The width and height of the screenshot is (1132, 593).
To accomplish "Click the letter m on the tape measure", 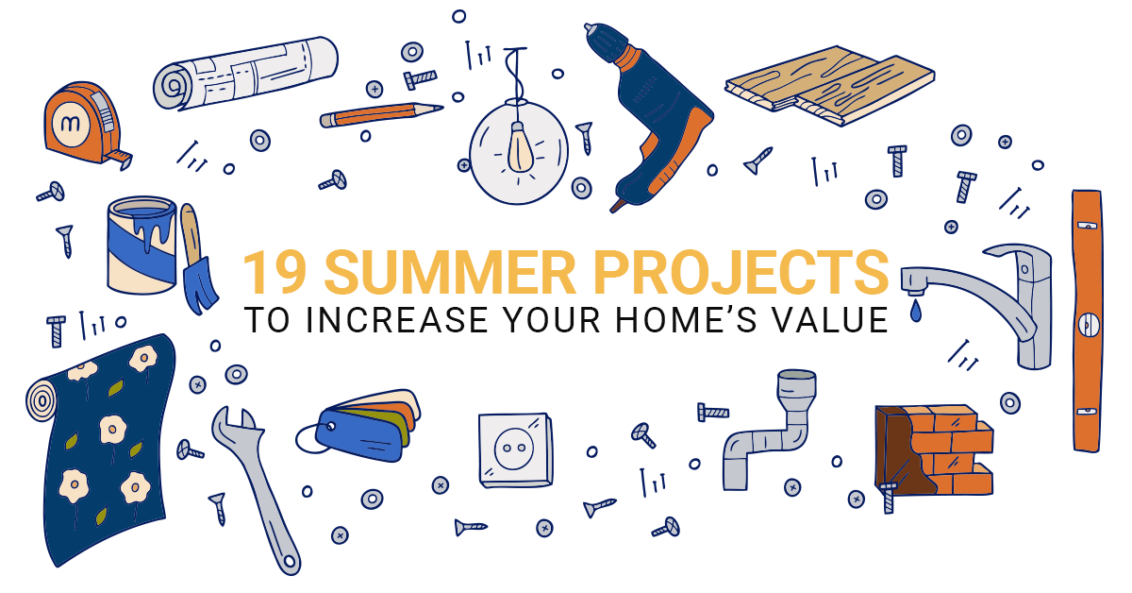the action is tap(69, 124).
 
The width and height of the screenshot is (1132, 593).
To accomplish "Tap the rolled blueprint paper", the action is tap(245, 73).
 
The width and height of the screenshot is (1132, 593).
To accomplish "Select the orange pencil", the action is tap(381, 115).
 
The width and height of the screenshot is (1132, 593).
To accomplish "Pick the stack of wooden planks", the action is tap(830, 85).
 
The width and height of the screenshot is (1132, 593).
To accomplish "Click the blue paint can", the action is tap(142, 246).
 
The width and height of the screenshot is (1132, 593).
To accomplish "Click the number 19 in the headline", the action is tap(275, 272).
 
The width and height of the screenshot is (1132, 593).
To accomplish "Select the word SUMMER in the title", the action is tap(450, 272).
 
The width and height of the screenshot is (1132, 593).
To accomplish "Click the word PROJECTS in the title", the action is tap(741, 272).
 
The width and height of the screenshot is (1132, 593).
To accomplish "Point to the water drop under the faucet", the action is tap(916, 311).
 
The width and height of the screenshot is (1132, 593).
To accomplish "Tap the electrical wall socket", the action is tap(516, 449).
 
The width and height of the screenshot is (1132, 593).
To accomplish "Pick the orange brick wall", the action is tap(934, 450).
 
